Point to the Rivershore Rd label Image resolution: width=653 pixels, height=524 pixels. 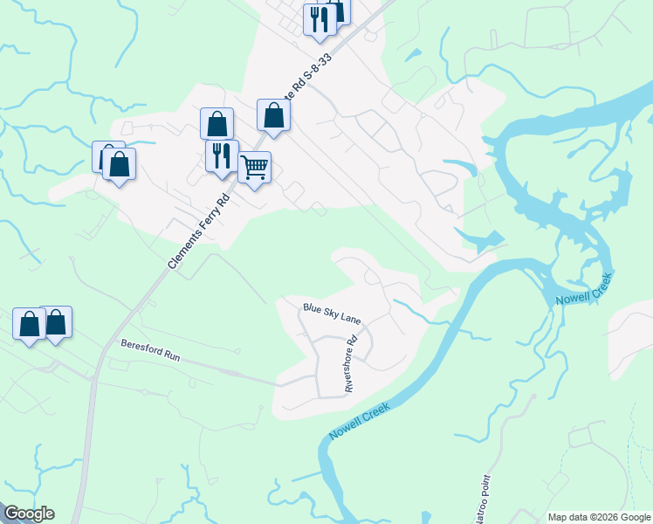[351, 364]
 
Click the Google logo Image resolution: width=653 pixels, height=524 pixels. [28, 514]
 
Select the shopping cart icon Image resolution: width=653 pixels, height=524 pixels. [254, 166]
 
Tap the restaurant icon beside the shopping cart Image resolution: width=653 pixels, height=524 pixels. [222, 155]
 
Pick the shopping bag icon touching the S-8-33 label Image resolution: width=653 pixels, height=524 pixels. [274, 114]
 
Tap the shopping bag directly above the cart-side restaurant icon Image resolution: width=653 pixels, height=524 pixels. [217, 124]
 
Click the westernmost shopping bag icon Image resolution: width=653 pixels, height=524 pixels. [29, 323]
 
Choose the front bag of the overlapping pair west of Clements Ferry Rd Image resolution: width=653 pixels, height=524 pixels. [120, 163]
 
